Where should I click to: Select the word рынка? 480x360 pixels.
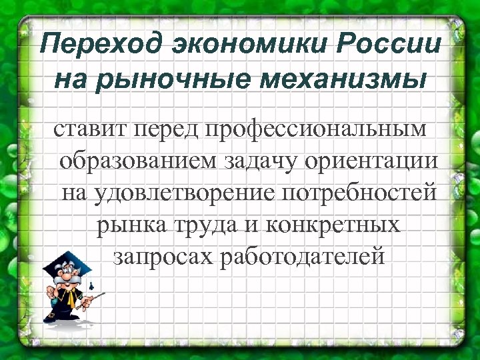pos(127,225)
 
